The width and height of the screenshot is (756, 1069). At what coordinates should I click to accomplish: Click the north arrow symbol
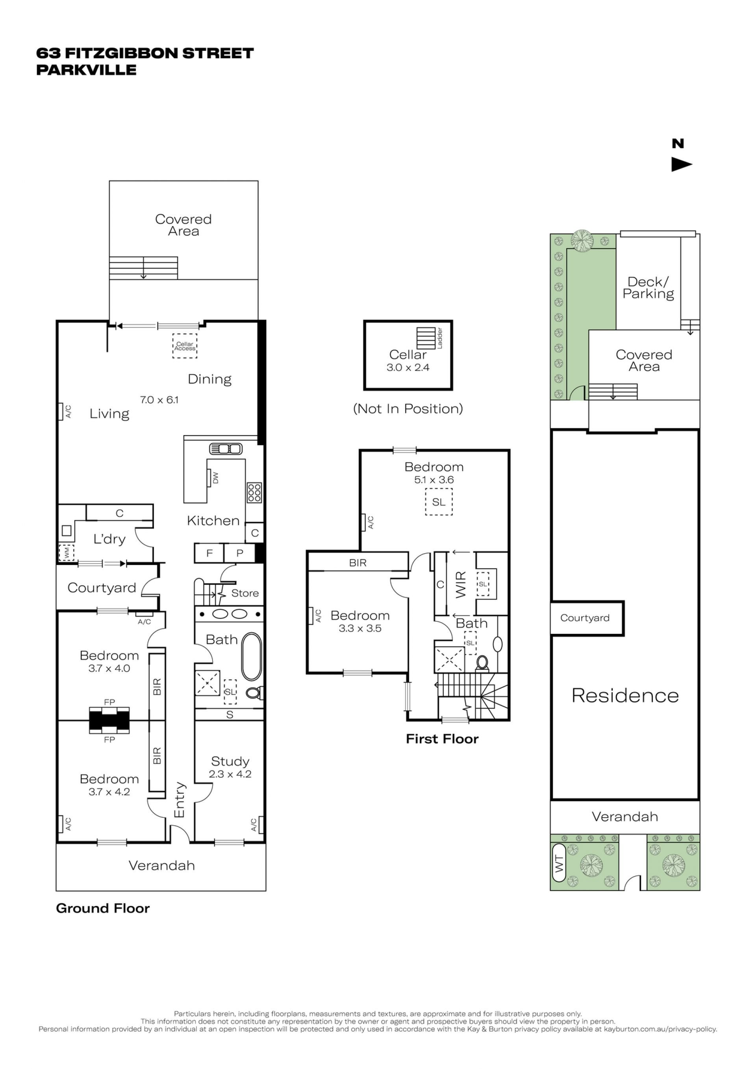tap(682, 164)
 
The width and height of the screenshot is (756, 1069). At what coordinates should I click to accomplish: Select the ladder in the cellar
tap(426, 338)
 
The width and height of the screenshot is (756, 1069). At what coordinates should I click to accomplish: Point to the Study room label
tap(230, 761)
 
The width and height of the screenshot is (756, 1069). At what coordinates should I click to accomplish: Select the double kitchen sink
tap(226, 449)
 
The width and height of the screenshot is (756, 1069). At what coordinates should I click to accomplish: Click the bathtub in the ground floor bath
tap(251, 656)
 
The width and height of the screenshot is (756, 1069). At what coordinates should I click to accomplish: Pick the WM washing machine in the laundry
tap(66, 553)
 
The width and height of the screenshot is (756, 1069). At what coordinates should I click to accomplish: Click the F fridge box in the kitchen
tap(209, 553)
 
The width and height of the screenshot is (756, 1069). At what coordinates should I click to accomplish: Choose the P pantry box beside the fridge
tap(240, 553)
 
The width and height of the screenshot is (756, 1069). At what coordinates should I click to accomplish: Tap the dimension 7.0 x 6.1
tap(159, 400)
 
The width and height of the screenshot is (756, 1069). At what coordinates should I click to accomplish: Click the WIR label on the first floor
tap(461, 585)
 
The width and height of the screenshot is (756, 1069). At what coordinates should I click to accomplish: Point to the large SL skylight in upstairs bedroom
tap(439, 502)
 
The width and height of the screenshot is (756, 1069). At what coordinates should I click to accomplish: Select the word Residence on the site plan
tap(625, 696)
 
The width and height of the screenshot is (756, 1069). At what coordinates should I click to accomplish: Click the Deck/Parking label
tap(648, 288)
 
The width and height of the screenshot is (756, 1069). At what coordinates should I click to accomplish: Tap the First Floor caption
tap(442, 739)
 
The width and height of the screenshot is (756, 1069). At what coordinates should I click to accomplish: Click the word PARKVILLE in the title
tap(87, 70)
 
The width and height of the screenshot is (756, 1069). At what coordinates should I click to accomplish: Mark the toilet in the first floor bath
tap(482, 662)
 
